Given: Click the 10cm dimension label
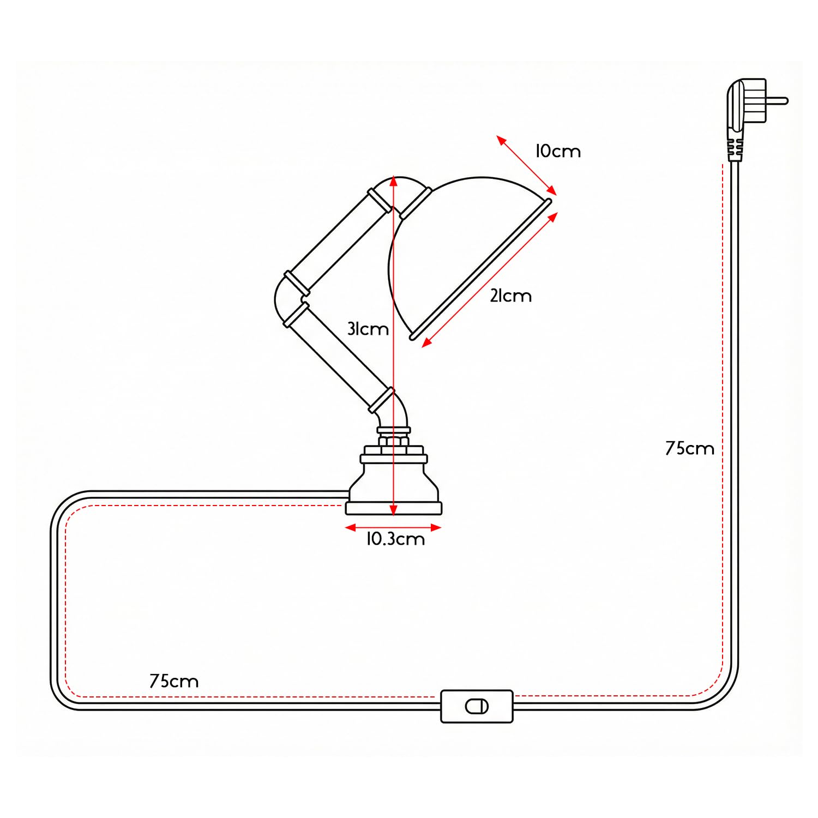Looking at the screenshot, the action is tap(558, 151).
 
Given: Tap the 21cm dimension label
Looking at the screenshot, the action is tap(510, 296).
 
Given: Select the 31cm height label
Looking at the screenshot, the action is tap(368, 329).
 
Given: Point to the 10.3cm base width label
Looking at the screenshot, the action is tap(395, 539).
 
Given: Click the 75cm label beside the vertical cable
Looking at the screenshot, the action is tap(689, 448).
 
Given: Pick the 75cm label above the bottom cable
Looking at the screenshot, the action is tap(174, 681).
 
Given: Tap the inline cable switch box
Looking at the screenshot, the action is tap(477, 706).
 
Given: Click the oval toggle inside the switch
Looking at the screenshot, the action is tap(477, 707).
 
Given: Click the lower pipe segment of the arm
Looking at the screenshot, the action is tap(339, 358).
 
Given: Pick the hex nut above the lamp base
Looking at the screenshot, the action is tap(393, 440).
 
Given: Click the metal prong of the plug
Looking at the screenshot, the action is tap(777, 101).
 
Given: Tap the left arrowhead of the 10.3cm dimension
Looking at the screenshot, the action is tap(351, 527).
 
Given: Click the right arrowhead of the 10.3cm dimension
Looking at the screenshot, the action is tap(436, 527).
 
